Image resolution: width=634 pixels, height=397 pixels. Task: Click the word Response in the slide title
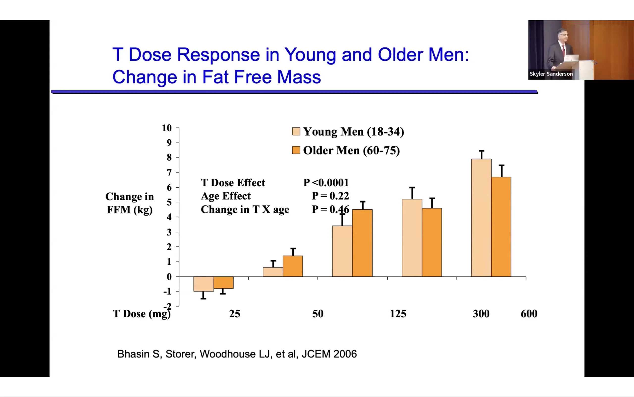tap(218, 55)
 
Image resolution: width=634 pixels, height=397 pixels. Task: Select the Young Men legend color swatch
tap(296, 131)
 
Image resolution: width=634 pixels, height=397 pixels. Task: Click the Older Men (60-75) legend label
tap(351, 150)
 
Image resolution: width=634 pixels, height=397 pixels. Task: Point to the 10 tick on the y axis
tap(167, 128)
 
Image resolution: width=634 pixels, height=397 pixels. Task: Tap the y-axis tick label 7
tap(169, 173)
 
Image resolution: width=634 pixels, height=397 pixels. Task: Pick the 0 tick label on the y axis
tap(169, 276)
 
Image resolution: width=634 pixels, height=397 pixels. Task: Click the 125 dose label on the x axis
tap(398, 314)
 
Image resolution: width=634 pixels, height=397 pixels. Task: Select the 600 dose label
tap(529, 314)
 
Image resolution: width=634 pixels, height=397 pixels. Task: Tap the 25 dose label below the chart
tap(235, 314)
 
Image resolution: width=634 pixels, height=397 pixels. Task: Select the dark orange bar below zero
tap(223, 282)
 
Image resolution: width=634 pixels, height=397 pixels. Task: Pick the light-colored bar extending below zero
tap(204, 284)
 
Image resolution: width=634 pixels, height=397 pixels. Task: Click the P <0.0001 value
tap(326, 182)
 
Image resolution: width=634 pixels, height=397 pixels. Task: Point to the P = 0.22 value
tap(330, 196)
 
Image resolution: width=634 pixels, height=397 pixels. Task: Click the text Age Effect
tap(226, 196)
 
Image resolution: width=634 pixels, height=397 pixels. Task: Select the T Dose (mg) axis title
tap(142, 314)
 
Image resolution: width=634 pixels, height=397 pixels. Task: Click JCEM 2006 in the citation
tap(329, 354)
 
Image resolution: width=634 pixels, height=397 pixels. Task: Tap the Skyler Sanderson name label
tap(551, 74)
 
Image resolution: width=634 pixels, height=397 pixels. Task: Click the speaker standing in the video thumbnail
tap(559, 50)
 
